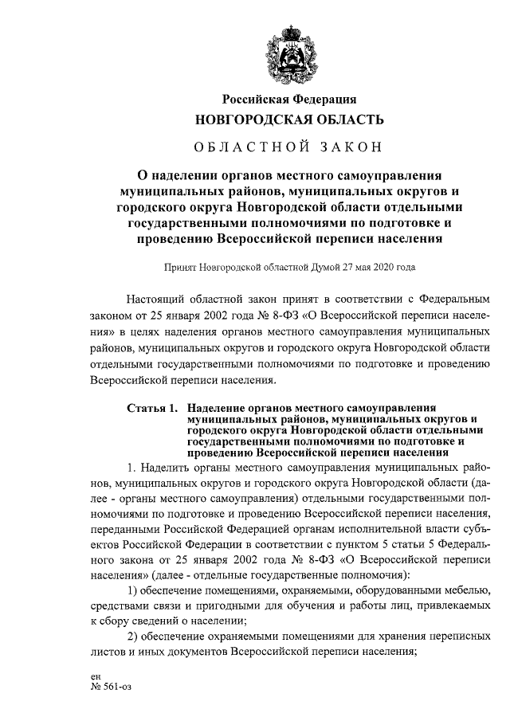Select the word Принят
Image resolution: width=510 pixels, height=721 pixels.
coord(178,268)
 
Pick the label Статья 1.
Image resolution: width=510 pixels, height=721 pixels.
coord(152,409)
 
